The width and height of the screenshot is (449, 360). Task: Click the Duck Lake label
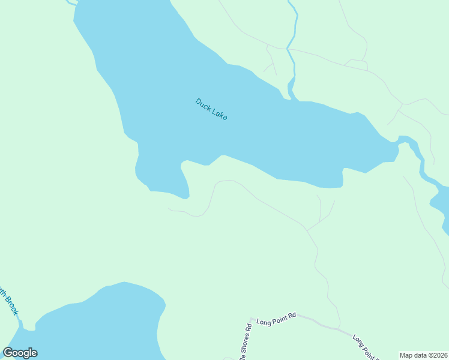[211, 109]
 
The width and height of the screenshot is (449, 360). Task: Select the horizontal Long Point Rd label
[276, 322]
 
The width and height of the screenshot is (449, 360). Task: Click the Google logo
[20, 353]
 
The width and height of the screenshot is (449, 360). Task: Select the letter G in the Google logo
[8, 353]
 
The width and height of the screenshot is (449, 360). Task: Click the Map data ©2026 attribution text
[423, 355]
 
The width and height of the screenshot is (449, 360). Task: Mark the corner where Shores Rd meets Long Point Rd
[251, 319]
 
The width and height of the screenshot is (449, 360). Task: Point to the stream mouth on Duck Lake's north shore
[291, 96]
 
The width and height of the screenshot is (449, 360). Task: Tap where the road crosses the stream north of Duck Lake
[288, 49]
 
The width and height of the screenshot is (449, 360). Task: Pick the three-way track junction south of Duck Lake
[307, 230]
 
